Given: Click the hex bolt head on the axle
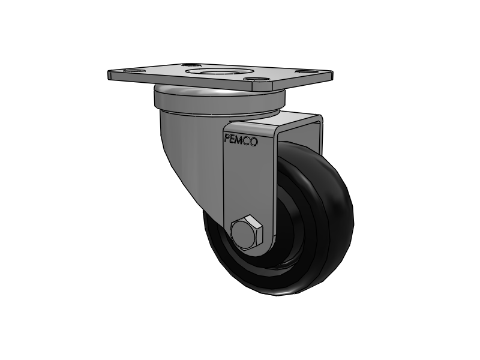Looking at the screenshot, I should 245,233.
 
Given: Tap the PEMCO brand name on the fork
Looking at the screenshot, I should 241,141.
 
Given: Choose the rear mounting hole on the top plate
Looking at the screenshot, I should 191,64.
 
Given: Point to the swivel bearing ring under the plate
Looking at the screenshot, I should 216,100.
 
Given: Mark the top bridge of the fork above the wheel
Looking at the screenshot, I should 300,120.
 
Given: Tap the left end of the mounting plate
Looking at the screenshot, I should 112,76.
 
